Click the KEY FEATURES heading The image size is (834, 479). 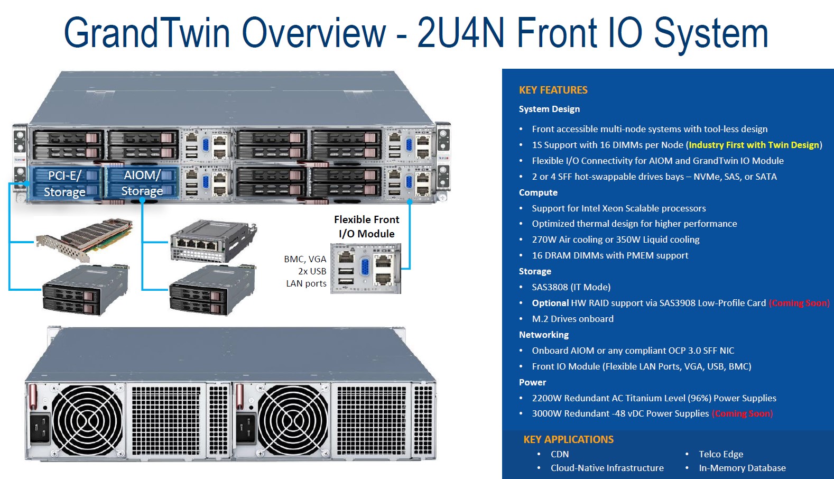tap(553, 90)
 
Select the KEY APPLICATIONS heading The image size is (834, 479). tap(568, 439)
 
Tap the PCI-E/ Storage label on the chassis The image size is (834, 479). tap(64, 183)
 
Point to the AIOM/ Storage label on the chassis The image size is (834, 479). tap(142, 183)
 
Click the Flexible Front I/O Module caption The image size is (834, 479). tap(366, 226)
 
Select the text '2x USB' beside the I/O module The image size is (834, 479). tap(312, 271)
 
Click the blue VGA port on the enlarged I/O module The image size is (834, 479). tap(364, 268)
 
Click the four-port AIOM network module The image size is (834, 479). tap(211, 241)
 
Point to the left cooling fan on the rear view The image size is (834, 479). tap(87, 420)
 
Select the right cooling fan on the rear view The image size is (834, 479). tap(293, 420)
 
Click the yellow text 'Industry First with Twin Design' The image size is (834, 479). tap(754, 145)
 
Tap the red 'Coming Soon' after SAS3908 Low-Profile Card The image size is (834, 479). tap(799, 303)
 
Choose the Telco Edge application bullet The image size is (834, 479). tap(720, 454)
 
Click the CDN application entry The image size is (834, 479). tap(560, 454)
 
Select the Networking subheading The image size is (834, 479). tap(543, 335)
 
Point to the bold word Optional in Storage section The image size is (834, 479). tap(550, 303)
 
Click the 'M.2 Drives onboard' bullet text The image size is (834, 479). tap(572, 319)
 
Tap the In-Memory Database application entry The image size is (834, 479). tap(742, 468)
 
